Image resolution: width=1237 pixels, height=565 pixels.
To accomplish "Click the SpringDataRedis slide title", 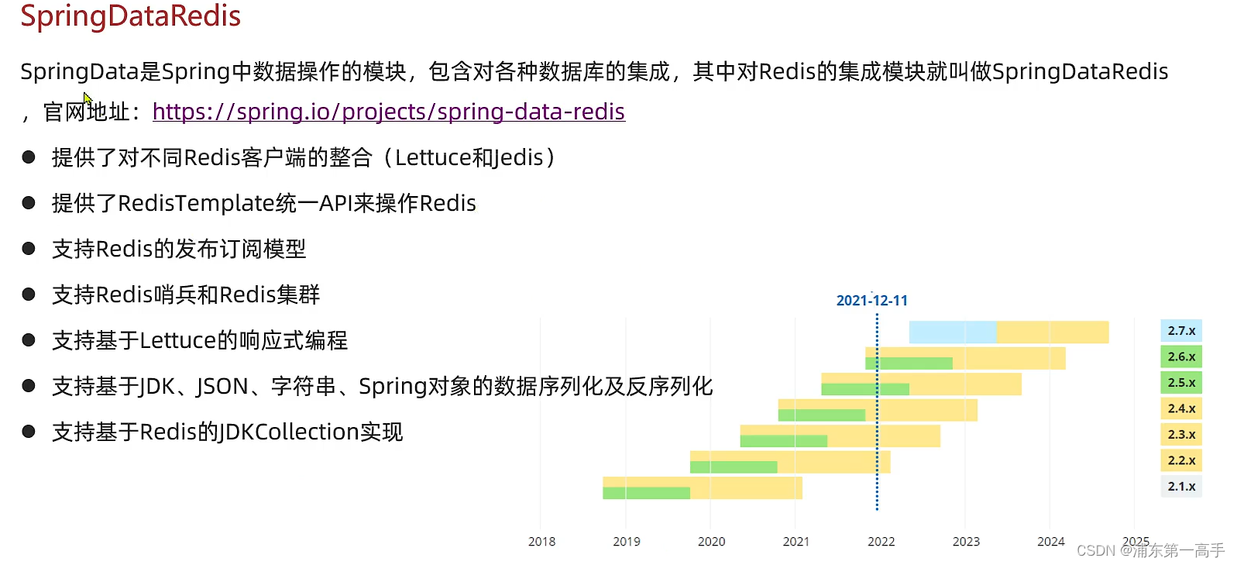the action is pos(130,16).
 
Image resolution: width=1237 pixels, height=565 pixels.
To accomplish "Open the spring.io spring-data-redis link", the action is pos(389,112).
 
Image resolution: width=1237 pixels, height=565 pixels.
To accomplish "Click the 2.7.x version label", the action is pos(1181,331).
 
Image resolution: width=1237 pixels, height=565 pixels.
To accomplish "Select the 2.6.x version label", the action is pos(1181,357).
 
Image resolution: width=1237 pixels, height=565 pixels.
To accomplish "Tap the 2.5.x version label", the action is pos(1181,383).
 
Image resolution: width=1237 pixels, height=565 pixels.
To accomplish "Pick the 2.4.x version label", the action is pos(1181,408).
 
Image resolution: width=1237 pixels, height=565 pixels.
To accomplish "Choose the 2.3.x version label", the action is pos(1181,435).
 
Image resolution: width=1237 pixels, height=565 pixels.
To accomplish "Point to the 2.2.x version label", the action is pos(1181,460).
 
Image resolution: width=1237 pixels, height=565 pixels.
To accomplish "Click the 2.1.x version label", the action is pos(1181,487).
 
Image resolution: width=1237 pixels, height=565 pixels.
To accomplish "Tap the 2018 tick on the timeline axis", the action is pos(541,541).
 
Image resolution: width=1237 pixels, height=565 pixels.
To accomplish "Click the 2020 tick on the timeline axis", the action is pos(711,541).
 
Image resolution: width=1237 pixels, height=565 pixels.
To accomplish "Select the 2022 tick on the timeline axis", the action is pos(881,541).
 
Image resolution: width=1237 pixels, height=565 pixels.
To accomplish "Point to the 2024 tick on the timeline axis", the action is pos(1051,541).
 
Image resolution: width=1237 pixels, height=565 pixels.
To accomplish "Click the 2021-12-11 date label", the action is pos(872,301).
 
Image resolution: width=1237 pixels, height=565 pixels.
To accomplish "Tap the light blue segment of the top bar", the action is pos(953,332).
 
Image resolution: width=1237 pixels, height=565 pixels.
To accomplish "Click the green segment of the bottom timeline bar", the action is pos(646,493).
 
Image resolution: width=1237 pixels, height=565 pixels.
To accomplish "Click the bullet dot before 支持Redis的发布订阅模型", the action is pos(29,249).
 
